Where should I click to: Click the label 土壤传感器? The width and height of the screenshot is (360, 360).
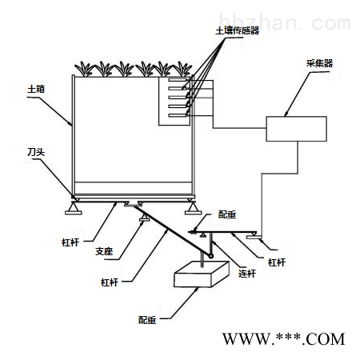click(237, 30)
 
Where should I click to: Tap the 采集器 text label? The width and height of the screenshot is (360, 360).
click(319, 63)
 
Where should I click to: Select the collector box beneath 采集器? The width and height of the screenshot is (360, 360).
click(296, 129)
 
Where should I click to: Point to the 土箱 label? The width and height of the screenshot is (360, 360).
click(36, 89)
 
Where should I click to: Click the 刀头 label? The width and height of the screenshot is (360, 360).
click(36, 152)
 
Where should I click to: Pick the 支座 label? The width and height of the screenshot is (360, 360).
click(104, 251)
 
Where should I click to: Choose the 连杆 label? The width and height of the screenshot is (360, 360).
click(247, 274)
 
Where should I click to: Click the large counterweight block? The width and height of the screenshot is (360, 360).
click(202, 274)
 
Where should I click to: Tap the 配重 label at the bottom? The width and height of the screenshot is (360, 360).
click(147, 320)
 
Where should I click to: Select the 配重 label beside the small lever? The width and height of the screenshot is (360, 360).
click(227, 214)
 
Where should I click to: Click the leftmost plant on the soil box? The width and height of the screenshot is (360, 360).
click(84, 70)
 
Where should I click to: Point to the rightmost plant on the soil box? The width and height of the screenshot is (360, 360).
click(182, 70)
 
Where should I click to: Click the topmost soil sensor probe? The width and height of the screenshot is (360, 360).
click(178, 79)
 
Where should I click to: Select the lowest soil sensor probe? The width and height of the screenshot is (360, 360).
click(178, 115)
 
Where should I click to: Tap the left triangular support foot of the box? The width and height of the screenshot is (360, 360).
click(74, 208)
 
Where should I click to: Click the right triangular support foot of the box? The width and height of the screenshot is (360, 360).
click(193, 208)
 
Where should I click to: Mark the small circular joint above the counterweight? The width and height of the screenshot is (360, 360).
click(211, 256)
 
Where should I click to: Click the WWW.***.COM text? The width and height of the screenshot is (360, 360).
click(284, 339)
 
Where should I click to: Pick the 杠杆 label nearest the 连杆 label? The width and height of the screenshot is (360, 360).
click(277, 262)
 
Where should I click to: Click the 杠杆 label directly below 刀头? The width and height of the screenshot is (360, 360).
click(70, 242)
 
